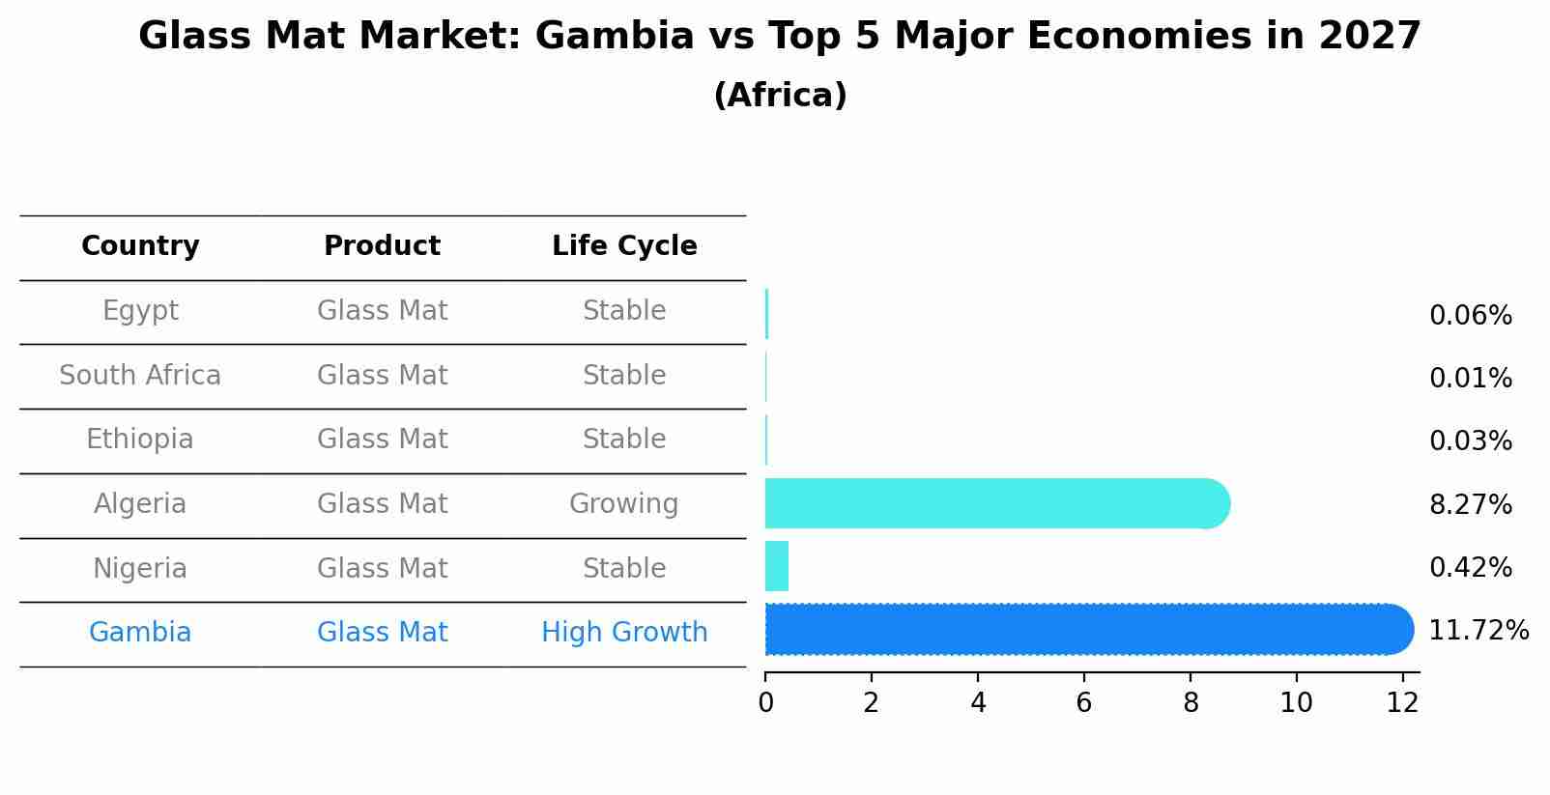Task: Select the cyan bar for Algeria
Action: pos(995,503)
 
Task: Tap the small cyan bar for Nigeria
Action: pos(777,566)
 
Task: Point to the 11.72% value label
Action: pos(1478,631)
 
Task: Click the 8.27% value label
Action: pos(1470,504)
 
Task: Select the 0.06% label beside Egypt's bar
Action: pos(1470,316)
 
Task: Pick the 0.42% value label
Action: pos(1470,567)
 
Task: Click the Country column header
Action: pos(140,246)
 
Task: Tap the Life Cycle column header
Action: pos(624,246)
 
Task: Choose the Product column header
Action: pos(382,246)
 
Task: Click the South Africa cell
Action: pos(140,376)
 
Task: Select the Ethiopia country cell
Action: pos(140,440)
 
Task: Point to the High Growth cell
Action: pos(624,633)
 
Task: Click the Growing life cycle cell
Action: pos(624,504)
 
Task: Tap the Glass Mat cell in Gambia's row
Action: pos(382,633)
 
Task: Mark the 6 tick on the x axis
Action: pos(1083,703)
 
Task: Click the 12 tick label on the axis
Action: pos(1402,703)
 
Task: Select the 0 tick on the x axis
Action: pos(765,703)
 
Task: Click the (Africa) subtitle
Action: pos(780,96)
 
